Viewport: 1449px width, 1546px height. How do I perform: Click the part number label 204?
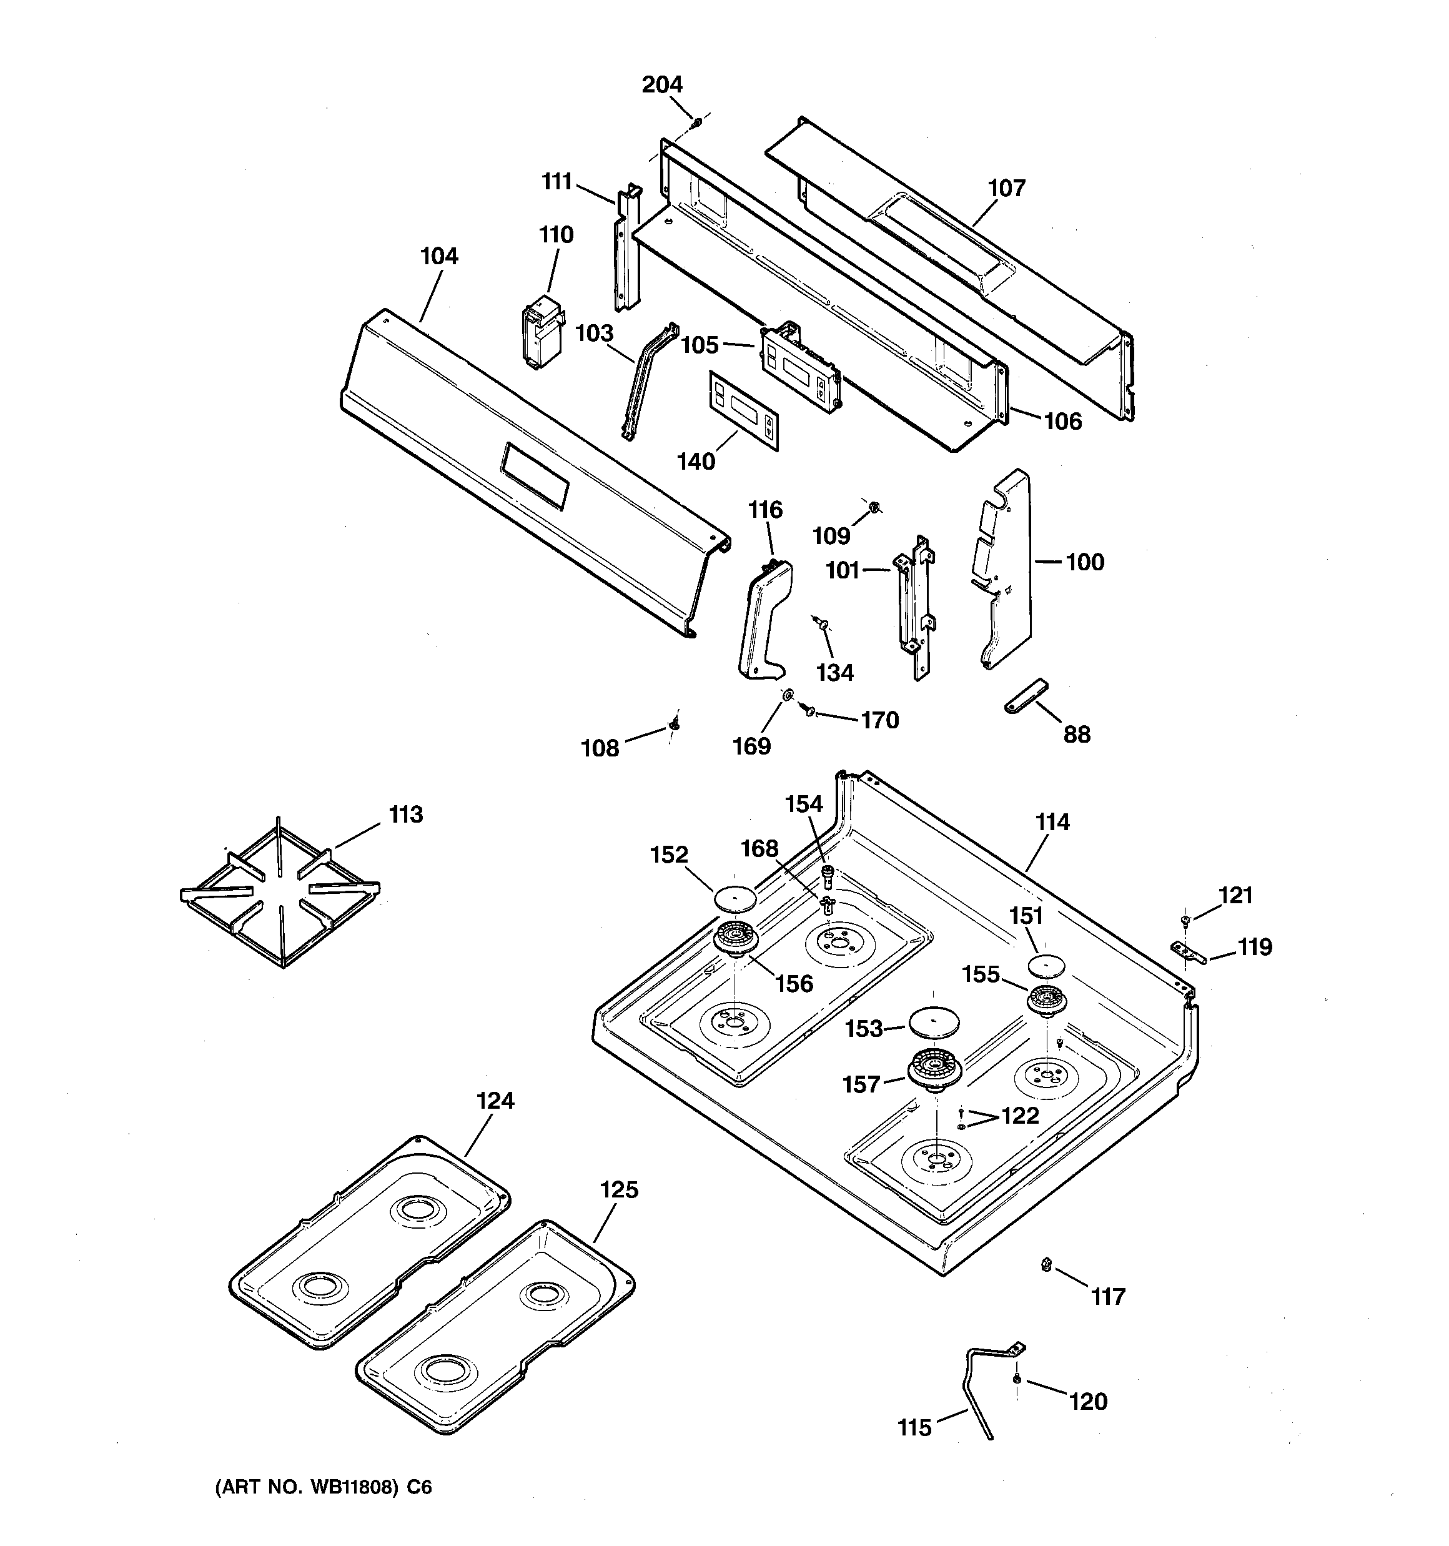click(662, 84)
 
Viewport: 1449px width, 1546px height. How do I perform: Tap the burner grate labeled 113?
click(280, 894)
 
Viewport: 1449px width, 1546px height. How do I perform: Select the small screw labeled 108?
click(675, 724)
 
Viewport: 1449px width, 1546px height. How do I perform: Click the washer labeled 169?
click(788, 695)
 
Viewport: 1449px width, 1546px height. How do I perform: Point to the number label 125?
click(619, 1191)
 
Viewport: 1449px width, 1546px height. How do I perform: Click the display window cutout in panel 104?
click(535, 476)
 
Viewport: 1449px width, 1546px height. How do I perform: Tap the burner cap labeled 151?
click(1044, 966)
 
